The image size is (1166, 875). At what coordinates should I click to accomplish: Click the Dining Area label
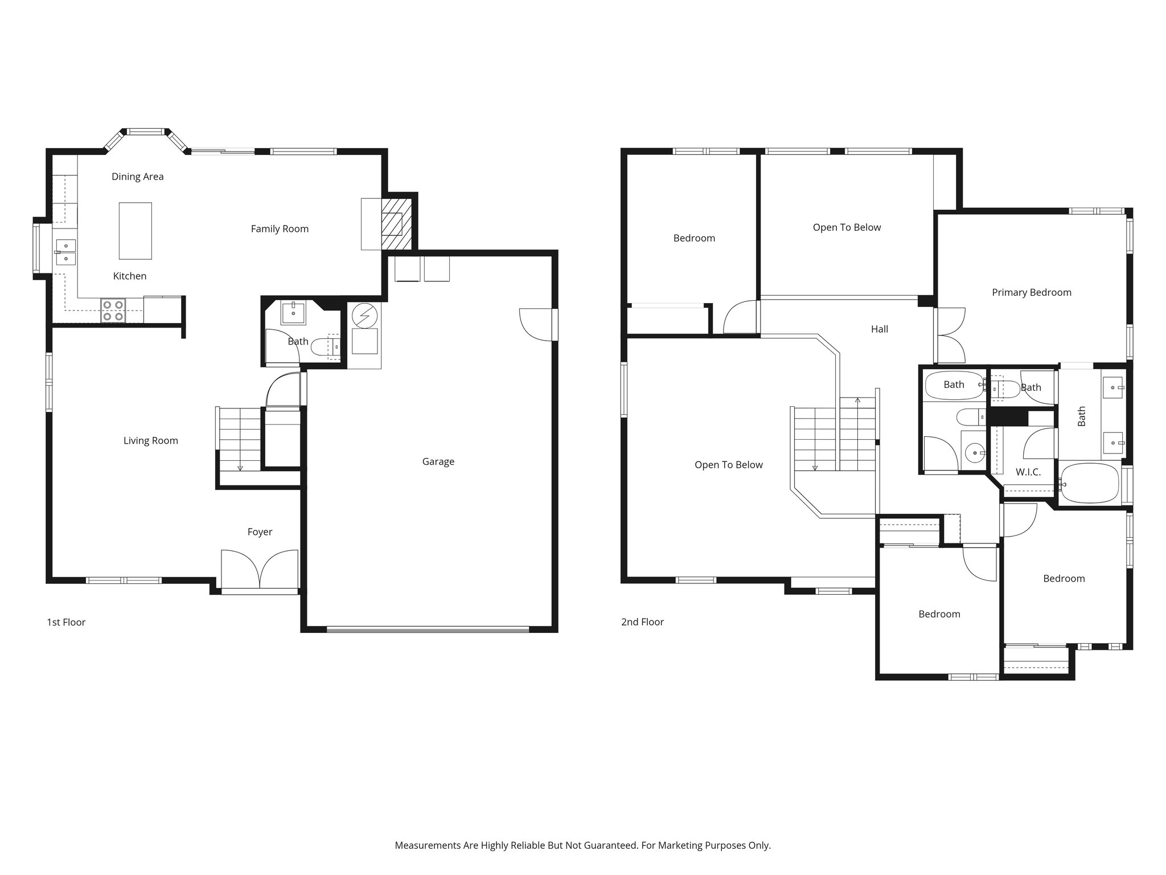pyautogui.click(x=137, y=177)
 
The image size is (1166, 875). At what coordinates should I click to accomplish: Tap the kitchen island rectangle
pyautogui.click(x=136, y=231)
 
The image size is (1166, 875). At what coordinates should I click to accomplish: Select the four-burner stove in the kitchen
pyautogui.click(x=113, y=311)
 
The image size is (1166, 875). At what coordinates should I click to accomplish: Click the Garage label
pyautogui.click(x=438, y=461)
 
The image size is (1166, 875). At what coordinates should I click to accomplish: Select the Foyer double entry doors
pyautogui.click(x=260, y=569)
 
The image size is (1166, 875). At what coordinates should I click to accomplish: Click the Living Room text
pyautogui.click(x=150, y=440)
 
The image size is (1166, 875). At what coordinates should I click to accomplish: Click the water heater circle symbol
pyautogui.click(x=364, y=316)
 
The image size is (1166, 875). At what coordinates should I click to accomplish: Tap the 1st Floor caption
pyautogui.click(x=66, y=622)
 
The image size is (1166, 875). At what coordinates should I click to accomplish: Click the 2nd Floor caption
pyautogui.click(x=642, y=622)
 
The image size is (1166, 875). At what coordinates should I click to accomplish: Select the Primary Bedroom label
pyautogui.click(x=1031, y=292)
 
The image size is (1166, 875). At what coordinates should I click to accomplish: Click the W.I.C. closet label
pyautogui.click(x=1028, y=472)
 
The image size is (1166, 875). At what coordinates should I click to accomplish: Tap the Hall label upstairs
pyautogui.click(x=879, y=329)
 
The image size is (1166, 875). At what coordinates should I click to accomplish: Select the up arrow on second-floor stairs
pyautogui.click(x=857, y=400)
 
